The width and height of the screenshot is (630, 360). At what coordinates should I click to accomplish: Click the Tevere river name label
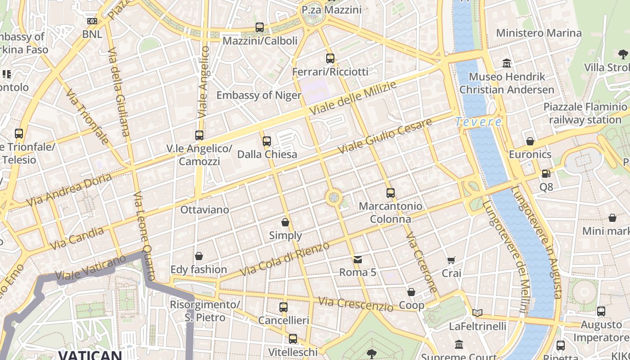click(478, 121)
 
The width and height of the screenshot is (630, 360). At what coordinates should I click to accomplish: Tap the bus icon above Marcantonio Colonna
click(391, 193)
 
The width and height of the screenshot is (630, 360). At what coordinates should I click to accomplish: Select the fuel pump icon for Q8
click(546, 173)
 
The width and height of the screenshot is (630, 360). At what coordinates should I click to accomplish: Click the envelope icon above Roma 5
click(358, 259)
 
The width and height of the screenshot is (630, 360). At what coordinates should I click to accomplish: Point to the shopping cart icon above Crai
click(451, 260)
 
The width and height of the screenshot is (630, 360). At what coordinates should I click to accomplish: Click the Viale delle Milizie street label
click(353, 98)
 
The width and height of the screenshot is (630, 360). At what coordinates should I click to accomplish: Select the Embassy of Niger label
click(259, 95)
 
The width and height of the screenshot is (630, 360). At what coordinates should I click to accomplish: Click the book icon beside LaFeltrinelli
click(477, 313)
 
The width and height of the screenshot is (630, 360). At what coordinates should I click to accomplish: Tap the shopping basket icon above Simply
click(285, 222)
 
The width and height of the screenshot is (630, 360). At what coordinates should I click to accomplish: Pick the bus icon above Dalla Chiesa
click(267, 141)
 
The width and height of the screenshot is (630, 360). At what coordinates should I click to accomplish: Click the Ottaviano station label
click(204, 210)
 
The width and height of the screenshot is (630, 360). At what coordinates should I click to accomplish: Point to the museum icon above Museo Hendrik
click(507, 63)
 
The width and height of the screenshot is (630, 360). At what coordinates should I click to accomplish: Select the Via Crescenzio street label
click(355, 304)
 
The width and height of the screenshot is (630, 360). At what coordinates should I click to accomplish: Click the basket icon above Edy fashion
click(199, 256)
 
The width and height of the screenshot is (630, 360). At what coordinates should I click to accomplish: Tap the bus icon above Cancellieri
click(283, 307)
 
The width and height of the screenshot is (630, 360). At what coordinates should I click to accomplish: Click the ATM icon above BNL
click(92, 21)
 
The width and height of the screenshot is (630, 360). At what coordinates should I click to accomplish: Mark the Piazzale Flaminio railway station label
click(585, 113)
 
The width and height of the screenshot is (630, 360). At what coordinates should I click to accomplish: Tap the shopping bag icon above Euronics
click(530, 141)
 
